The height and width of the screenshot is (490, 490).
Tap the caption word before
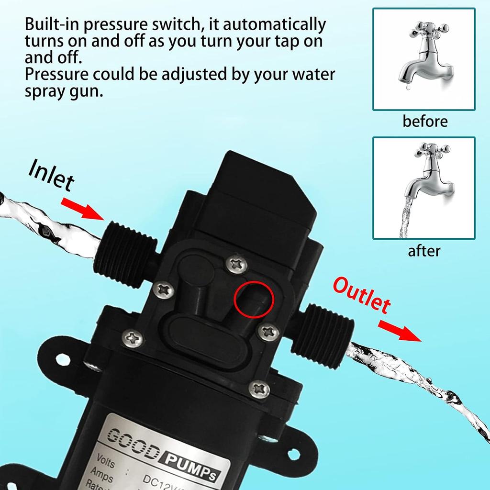[425, 121]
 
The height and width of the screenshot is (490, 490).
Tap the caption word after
[424, 250]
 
